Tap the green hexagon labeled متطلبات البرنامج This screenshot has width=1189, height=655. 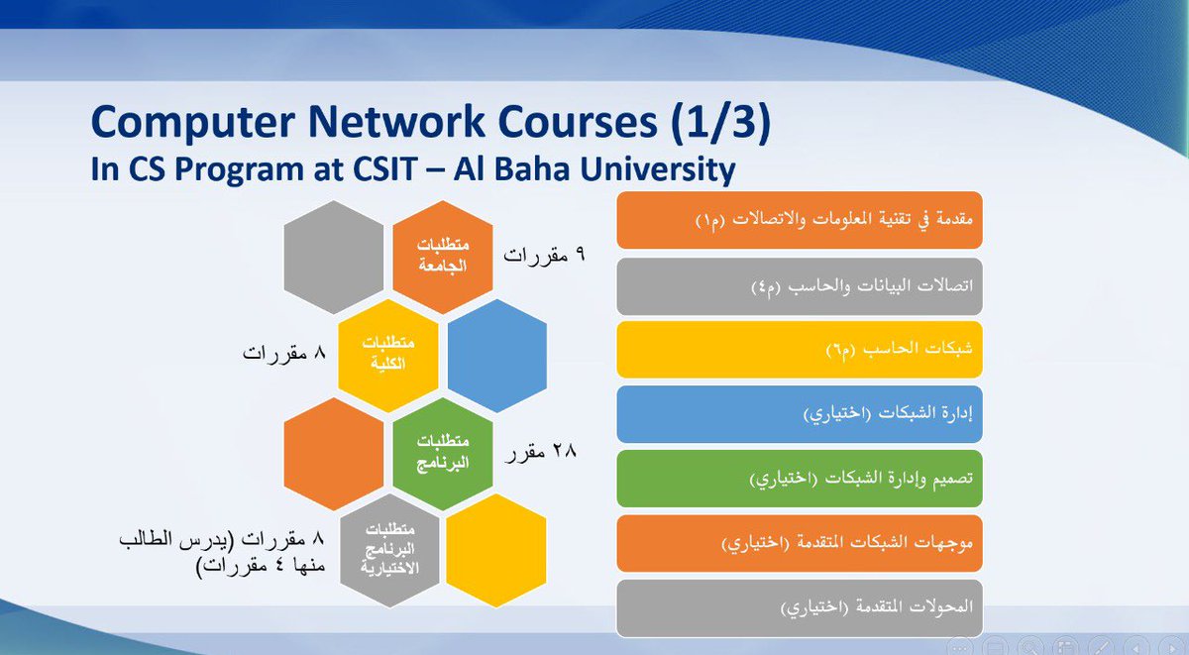[442, 453]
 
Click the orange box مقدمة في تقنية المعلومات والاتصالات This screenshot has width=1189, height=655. [799, 220]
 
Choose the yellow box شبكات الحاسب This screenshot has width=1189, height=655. [799, 349]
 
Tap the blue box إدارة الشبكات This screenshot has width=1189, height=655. [799, 413]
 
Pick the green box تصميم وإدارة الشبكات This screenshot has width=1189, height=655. [799, 478]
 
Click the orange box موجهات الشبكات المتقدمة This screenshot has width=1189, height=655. [799, 543]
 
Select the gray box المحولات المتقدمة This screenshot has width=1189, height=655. [799, 607]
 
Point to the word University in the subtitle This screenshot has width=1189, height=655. [645, 169]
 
